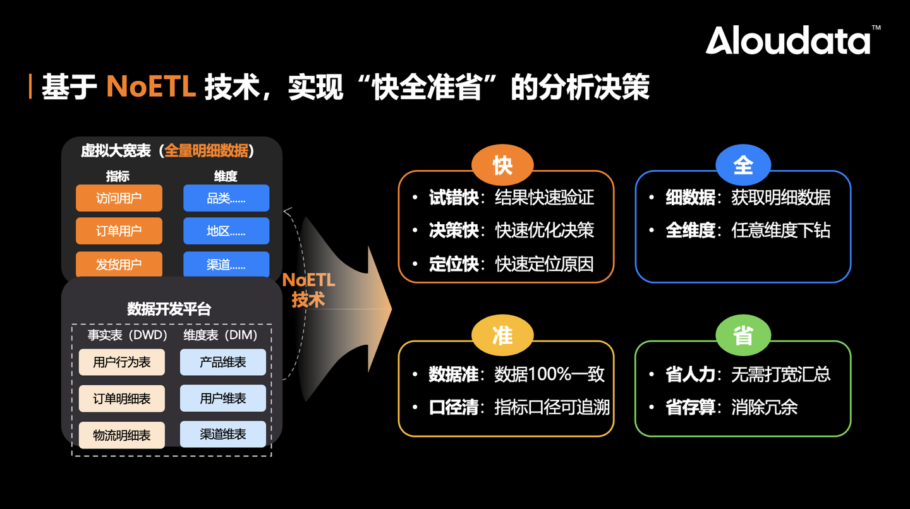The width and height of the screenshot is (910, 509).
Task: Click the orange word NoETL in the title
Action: (151, 87)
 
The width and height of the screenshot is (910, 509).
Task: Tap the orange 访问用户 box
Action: (119, 198)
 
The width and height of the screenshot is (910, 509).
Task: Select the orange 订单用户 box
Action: (119, 231)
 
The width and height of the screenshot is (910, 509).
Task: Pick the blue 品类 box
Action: (226, 198)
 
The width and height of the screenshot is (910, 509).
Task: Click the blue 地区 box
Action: (226, 231)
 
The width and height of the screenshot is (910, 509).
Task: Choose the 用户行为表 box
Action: (121, 362)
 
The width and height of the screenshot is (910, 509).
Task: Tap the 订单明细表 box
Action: (121, 398)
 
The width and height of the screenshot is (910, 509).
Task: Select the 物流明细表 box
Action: (121, 435)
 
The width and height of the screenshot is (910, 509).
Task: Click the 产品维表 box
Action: (223, 362)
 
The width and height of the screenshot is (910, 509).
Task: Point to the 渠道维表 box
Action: (223, 434)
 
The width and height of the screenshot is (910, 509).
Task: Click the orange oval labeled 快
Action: (502, 165)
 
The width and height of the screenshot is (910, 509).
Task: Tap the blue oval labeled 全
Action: (743, 165)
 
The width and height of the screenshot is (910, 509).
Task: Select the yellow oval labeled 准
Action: (502, 336)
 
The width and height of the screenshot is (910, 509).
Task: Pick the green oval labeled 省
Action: (743, 336)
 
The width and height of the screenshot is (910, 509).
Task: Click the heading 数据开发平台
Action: (169, 309)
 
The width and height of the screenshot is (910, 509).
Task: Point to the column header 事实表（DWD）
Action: (127, 335)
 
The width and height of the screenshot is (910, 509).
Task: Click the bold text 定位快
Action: (454, 263)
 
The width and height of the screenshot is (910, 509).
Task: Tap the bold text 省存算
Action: (690, 407)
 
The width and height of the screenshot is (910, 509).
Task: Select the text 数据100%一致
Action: (549, 374)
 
